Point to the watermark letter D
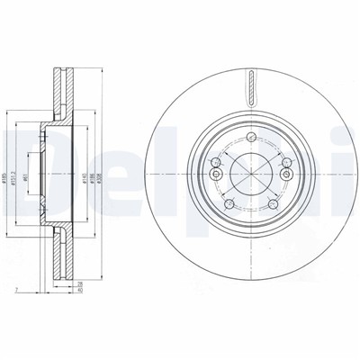pyautogui.click(x=24, y=153)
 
